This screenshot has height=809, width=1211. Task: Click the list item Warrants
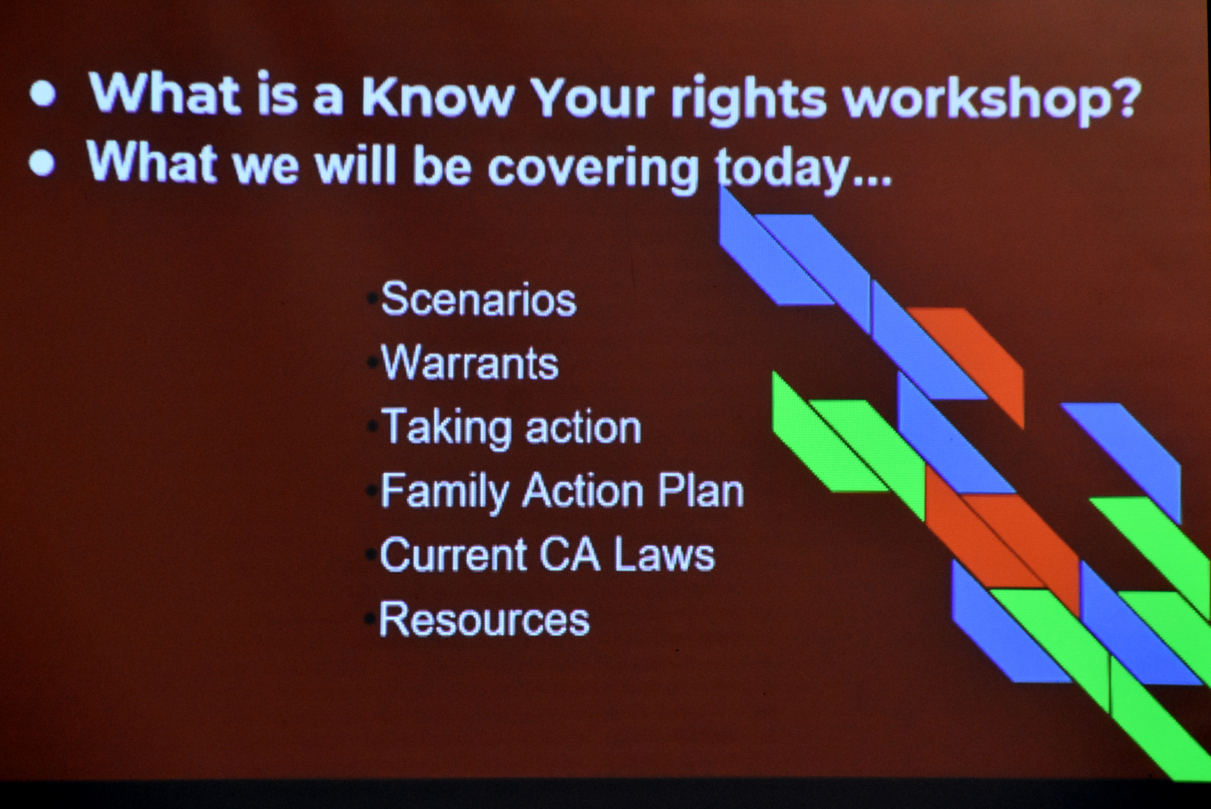pyautogui.click(x=470, y=363)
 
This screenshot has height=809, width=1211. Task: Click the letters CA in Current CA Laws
pyautogui.click(x=570, y=555)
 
